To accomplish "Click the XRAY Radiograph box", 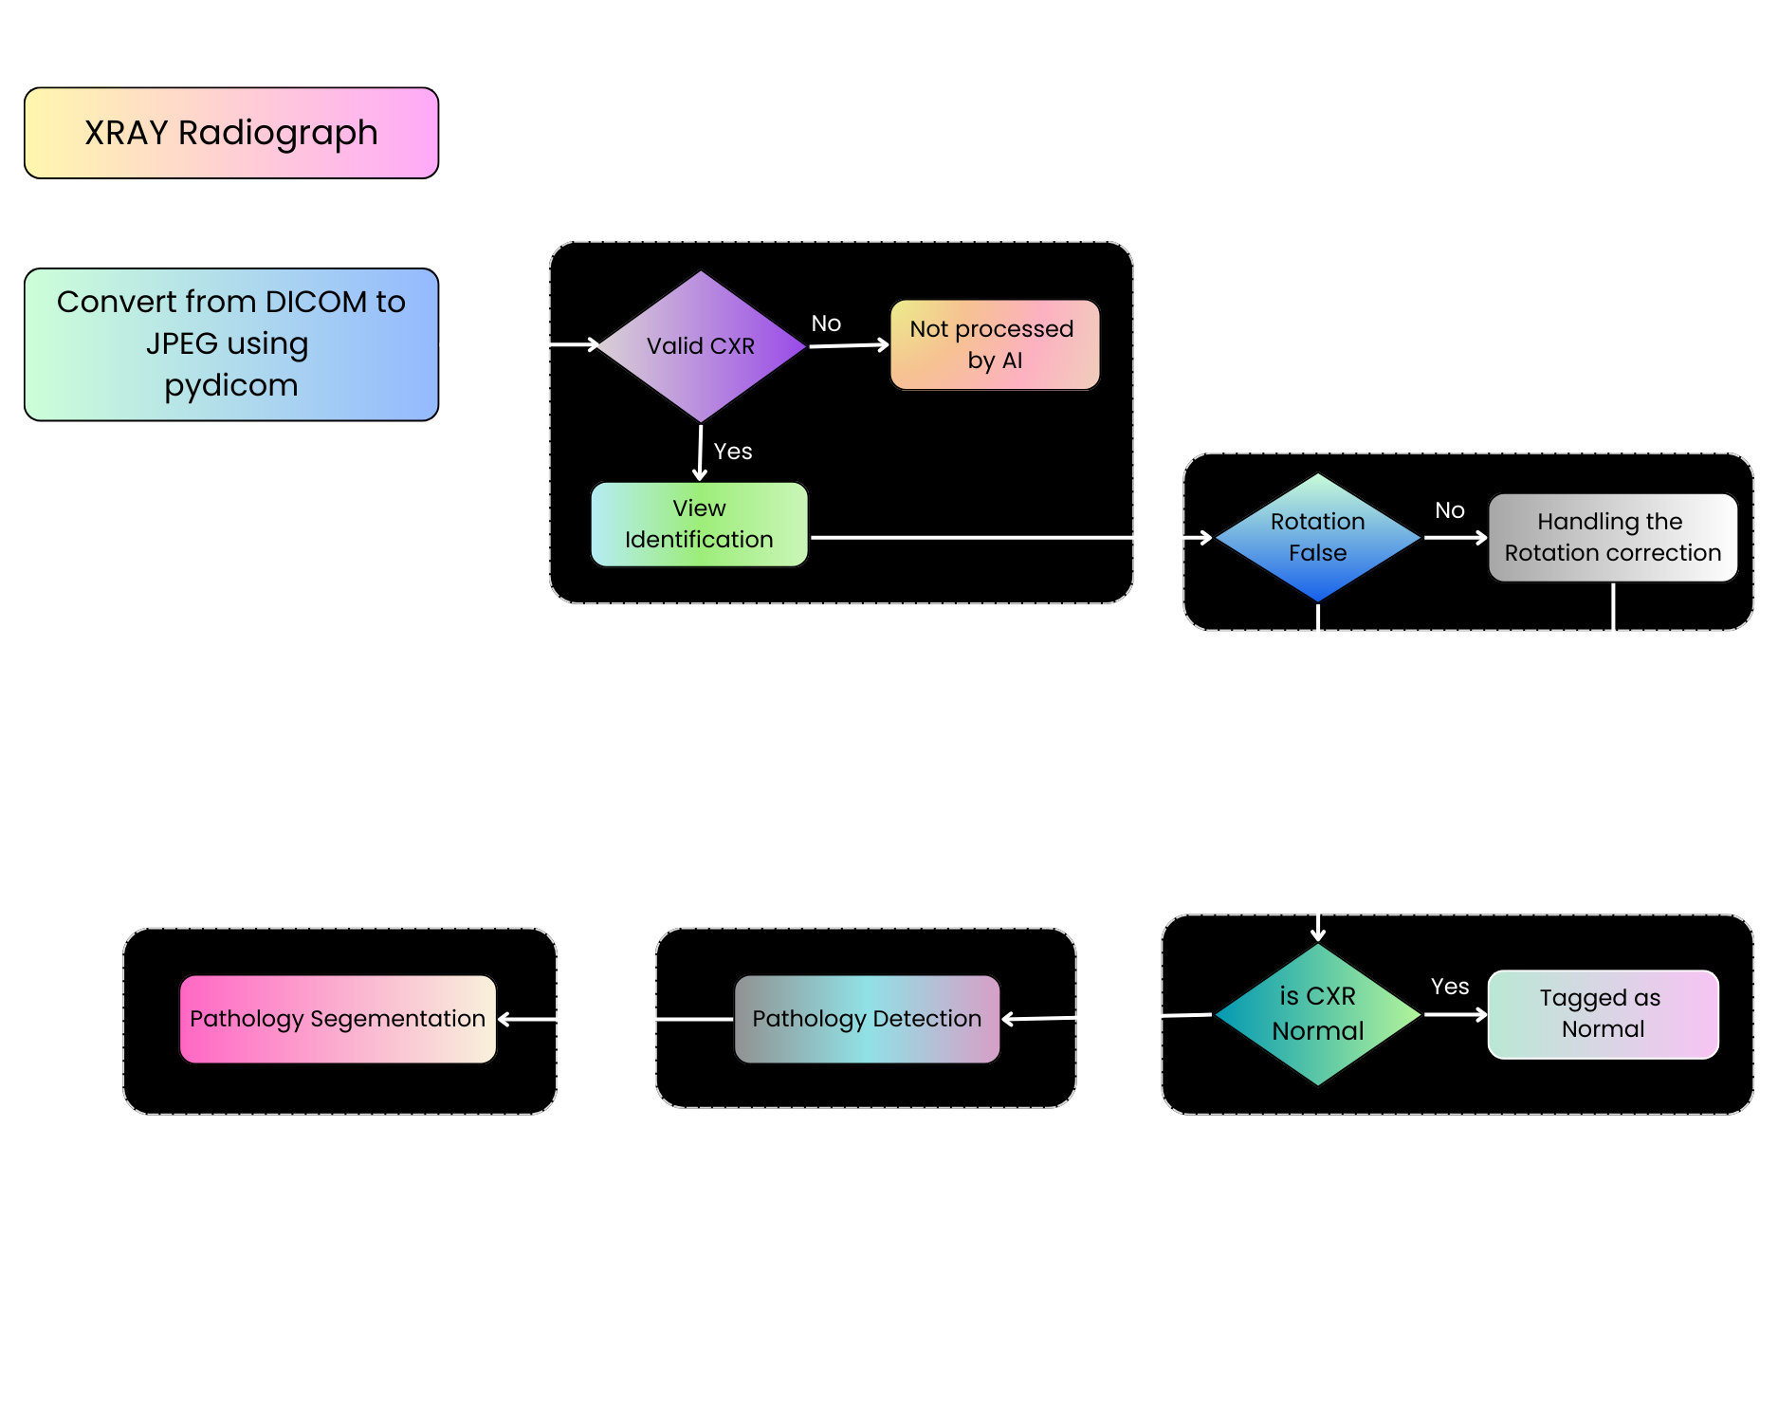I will click(x=231, y=133).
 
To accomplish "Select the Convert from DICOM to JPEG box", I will click(x=231, y=343).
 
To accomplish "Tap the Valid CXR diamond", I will click(x=701, y=346).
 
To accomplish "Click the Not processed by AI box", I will click(x=994, y=344).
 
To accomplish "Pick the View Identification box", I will click(x=699, y=524).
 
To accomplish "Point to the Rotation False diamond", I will click(x=1317, y=537).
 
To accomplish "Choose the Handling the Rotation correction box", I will click(x=1612, y=537).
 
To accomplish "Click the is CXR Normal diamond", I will click(x=1317, y=1013).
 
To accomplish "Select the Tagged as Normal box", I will click(x=1603, y=1013).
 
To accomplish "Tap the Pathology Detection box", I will click(x=867, y=1019).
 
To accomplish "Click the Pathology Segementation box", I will click(x=338, y=1019).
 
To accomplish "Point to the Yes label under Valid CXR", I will click(x=733, y=452).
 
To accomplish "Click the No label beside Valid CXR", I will click(x=826, y=323).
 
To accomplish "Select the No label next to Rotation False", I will click(x=1449, y=510).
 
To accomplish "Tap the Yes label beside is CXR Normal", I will click(x=1449, y=987).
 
